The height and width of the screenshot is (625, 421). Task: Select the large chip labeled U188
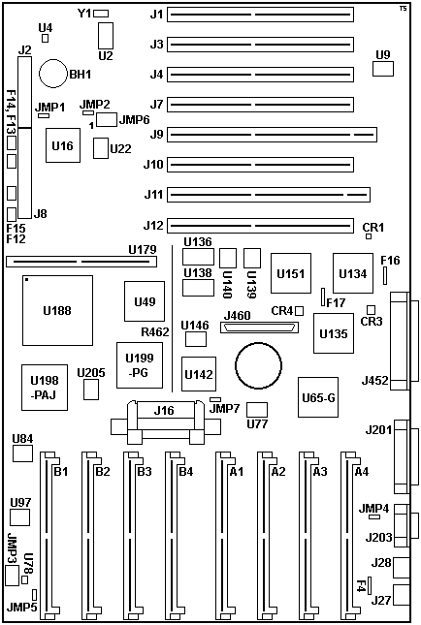(57, 310)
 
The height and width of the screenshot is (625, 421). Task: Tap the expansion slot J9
(272, 135)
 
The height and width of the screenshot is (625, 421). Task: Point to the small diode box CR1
(369, 236)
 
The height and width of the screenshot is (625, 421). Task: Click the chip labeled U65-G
(318, 397)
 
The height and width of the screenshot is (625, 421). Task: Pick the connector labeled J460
(259, 328)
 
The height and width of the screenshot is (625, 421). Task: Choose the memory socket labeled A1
(223, 535)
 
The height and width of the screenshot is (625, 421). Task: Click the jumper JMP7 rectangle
(215, 399)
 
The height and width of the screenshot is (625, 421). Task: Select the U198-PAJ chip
(45, 387)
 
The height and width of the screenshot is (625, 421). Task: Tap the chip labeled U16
(63, 145)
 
